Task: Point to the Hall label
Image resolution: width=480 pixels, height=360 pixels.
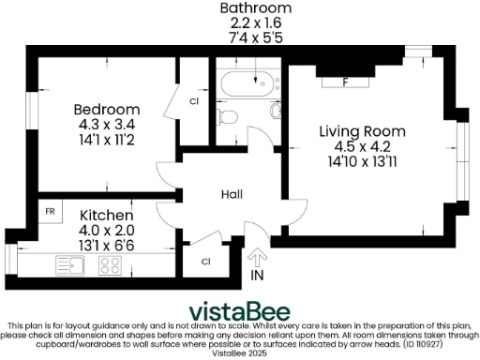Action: coord(232,194)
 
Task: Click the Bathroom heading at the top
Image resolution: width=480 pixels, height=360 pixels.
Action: coord(255,8)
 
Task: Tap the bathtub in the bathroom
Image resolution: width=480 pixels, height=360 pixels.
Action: coord(247,87)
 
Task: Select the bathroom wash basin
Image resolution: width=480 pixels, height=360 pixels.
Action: coord(277,112)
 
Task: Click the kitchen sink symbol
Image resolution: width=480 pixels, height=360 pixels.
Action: coord(70,264)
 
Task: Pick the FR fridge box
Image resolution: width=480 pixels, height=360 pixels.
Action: coord(50,212)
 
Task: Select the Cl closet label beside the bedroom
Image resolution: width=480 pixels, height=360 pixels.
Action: coord(194,100)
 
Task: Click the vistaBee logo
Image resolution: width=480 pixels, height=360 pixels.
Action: coord(240,311)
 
